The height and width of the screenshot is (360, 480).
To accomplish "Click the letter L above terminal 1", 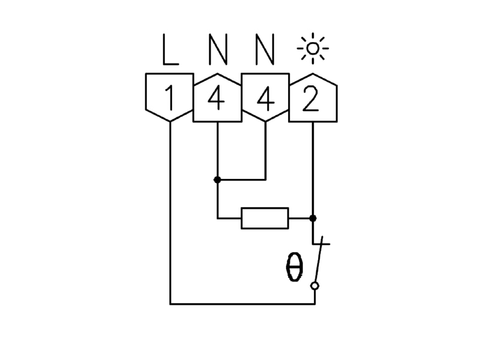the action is (170, 49).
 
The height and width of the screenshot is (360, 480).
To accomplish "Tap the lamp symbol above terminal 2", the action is (313, 49).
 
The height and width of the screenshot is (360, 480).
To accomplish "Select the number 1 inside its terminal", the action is (170, 98).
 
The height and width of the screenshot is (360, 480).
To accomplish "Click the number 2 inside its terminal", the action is (310, 98).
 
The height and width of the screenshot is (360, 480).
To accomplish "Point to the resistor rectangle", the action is (265, 218).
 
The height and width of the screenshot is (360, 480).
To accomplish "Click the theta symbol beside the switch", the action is (294, 266).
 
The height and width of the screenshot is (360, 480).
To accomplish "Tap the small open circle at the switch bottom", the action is (314, 286).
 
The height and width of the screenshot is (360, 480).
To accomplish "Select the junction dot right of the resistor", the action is (313, 218).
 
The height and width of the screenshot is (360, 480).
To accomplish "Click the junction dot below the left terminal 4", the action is (217, 179).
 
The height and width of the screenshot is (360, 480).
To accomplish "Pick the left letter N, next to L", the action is (218, 49).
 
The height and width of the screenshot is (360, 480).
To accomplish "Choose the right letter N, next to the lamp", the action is (265, 49).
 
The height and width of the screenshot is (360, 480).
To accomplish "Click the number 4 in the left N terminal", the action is (216, 98).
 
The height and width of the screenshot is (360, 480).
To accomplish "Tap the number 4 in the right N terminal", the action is (265, 98).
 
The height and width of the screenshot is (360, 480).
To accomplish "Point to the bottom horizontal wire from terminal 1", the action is (242, 304).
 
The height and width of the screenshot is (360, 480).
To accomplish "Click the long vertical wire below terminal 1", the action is (170, 213).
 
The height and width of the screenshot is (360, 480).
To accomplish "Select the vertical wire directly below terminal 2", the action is (313, 170).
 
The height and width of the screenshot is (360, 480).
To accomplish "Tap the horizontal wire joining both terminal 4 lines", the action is (242, 179).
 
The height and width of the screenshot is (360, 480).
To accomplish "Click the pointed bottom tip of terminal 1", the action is (170, 122).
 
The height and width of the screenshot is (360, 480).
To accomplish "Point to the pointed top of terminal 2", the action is (313, 73).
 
